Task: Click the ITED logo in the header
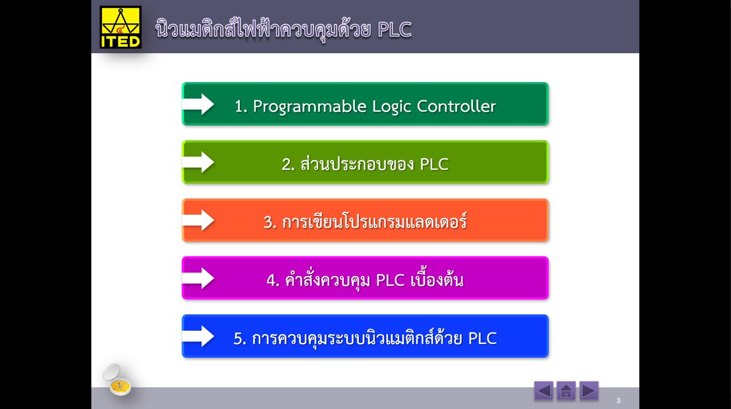121,27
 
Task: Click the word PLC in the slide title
395,29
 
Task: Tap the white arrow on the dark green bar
198,104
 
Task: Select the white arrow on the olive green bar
198,162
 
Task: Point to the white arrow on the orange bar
198,220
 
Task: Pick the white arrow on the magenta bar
198,278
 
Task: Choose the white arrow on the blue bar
198,336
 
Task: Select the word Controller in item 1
456,106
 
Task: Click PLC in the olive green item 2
434,165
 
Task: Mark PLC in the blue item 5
482,338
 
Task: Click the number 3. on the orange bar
270,222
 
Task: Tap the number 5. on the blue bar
240,338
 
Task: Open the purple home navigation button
566,391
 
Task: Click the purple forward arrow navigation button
589,391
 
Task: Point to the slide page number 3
618,400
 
